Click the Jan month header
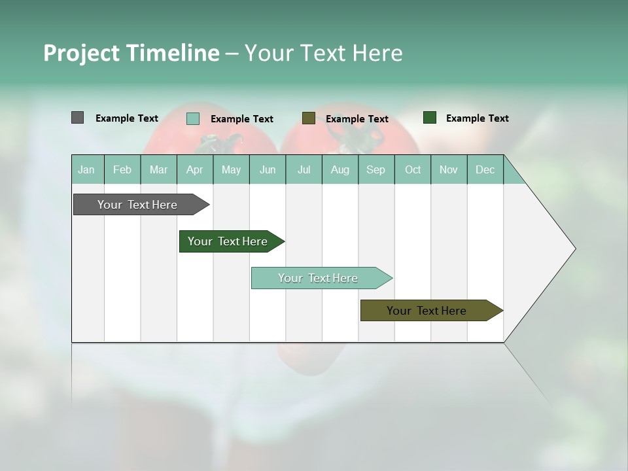(x=86, y=169)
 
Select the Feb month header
(x=122, y=169)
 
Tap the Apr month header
(x=194, y=169)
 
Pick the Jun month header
(x=268, y=169)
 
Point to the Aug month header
(x=340, y=169)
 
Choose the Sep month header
(x=375, y=169)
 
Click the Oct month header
(x=413, y=169)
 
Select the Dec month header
(x=485, y=169)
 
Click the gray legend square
(x=77, y=118)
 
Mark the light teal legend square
(x=193, y=118)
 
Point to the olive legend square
(x=309, y=118)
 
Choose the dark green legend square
(x=430, y=118)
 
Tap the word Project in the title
(x=81, y=53)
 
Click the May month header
(x=231, y=169)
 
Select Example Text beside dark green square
(x=477, y=118)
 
